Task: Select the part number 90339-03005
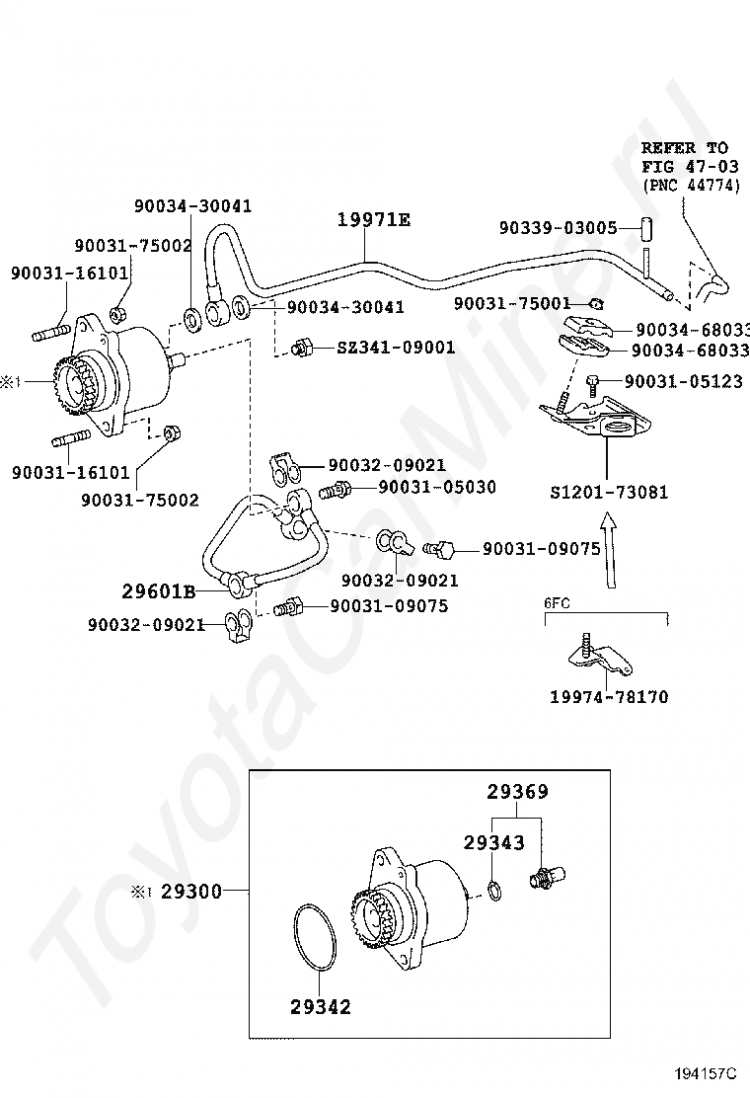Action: (558, 228)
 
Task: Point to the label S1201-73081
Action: (609, 492)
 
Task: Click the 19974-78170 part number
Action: (609, 697)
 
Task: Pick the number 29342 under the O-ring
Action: (320, 1007)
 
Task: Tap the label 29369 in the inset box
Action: (517, 792)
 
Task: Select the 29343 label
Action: (494, 842)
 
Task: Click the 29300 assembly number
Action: (191, 892)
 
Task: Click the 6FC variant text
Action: (558, 600)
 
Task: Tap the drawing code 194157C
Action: (706, 1073)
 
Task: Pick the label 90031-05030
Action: (437, 487)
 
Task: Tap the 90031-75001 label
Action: (513, 303)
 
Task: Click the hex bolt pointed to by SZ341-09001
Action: (302, 348)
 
